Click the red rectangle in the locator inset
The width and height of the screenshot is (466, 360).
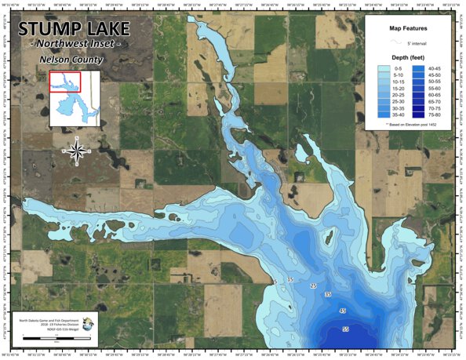64,81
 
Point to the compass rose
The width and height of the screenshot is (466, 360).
76,148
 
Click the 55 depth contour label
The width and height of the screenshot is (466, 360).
345,329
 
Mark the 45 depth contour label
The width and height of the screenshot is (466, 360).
341,311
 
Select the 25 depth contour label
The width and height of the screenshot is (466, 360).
313,285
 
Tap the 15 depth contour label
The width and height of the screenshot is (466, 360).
290,279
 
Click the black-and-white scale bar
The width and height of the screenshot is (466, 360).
55,338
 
